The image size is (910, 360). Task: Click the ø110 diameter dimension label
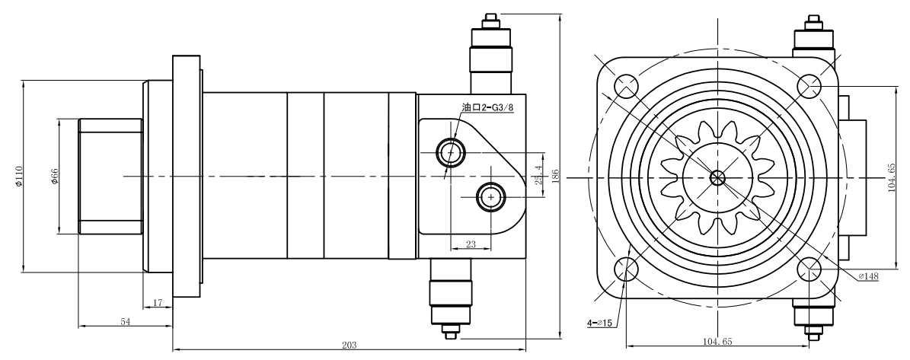19,176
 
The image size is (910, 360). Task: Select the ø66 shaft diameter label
55,177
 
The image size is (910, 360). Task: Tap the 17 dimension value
158,302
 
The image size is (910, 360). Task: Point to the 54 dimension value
126,322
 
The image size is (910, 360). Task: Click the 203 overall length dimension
349,345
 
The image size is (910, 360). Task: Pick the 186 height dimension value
555,177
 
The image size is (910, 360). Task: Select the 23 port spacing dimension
471,244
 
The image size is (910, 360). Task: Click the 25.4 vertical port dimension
538,175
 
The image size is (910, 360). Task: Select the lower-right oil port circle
491,197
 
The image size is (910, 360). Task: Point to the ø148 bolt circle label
867,276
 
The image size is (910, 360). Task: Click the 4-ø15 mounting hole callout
599,323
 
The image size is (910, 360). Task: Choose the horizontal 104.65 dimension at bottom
718,342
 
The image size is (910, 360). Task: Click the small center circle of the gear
718,177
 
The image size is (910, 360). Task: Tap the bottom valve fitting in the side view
451,299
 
